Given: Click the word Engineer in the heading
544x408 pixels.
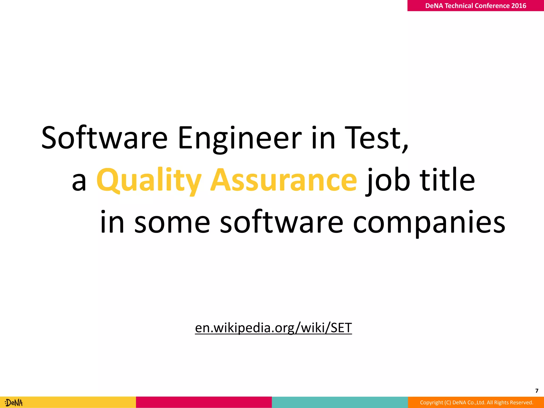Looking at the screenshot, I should point(240,138).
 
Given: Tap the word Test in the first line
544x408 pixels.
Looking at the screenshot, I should point(372,138).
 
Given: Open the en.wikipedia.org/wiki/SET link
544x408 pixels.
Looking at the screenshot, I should point(273,328).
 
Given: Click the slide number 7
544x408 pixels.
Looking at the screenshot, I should point(537,391).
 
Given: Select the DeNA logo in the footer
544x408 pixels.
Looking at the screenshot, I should point(14,403).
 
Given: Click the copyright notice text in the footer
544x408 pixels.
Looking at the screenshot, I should point(477,403).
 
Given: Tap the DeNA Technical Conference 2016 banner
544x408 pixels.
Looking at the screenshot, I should point(475,6).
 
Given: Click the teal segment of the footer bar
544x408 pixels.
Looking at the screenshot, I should point(340,402).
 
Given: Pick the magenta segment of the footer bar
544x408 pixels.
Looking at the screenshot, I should point(204,402).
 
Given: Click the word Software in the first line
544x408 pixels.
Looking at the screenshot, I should point(104,138).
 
